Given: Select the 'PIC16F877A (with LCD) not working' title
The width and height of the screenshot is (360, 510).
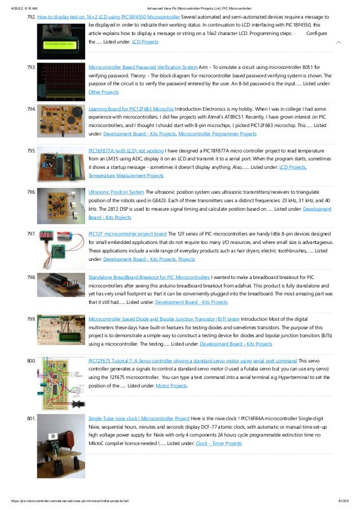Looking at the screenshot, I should pyautogui.click(x=126, y=151).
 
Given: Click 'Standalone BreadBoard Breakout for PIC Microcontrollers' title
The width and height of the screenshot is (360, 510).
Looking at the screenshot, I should pyautogui.click(x=149, y=277).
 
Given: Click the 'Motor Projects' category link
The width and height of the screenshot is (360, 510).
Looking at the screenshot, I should pyautogui.click(x=171, y=386).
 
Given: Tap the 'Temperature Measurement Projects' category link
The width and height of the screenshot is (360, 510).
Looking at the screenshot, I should pyautogui.click(x=126, y=176).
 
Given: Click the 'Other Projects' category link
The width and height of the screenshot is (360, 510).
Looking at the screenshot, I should pyautogui.click(x=104, y=91).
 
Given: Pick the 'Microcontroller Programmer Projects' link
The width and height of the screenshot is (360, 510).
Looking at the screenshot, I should pyautogui.click(x=217, y=134).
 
